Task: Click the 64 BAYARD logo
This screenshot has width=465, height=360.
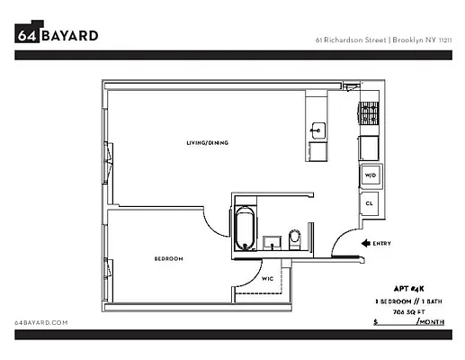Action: pos(57,35)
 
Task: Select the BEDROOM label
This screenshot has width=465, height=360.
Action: pos(168,259)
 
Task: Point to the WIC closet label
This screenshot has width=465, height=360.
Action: pos(267,279)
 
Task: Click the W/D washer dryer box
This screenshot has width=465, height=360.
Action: pos(370,175)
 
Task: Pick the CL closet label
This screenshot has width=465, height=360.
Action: pos(370,203)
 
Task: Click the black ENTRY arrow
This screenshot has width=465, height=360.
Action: pos(366,243)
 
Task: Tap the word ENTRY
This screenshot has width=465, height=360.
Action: pos(382,243)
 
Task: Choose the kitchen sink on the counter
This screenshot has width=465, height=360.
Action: pos(317,130)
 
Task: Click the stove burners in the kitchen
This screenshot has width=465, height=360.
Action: pos(369,113)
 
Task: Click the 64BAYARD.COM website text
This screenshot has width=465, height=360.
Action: pos(42,321)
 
